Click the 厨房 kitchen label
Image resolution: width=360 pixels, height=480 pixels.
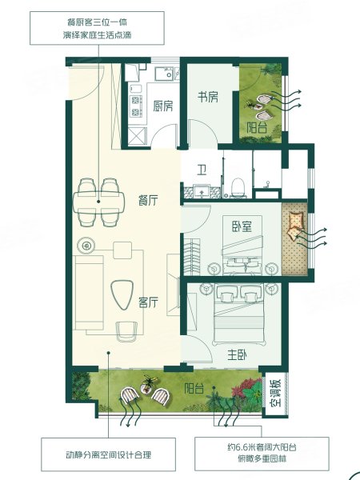pos(163,106)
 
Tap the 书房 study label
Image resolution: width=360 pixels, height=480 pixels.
pos(208,97)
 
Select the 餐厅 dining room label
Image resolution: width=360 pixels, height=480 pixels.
pos(148,200)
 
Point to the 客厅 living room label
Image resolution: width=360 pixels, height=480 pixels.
pos(148,302)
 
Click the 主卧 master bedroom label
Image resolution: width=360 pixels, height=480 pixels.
pos(238,354)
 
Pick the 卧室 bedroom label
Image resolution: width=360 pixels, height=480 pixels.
pos(242,226)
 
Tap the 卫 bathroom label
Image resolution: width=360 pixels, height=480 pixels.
pos(201,170)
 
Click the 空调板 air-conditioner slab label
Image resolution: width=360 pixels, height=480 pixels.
pos(275,393)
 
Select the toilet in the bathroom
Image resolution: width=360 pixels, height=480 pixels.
pos(238,188)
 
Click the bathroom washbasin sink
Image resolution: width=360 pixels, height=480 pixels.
pos(201,191)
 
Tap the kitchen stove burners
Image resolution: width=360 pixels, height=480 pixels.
pos(135,106)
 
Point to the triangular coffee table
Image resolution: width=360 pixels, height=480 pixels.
pos(122,294)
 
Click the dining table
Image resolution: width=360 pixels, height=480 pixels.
pos(98,202)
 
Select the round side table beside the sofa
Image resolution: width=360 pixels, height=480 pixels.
pos(86,246)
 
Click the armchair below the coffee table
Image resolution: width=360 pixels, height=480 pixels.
pos(126,331)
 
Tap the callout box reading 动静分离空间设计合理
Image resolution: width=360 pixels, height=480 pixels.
pos(108,454)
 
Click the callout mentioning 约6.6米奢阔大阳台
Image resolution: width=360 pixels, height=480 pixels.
pos(262,454)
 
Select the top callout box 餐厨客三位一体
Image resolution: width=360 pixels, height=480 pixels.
pos(97,28)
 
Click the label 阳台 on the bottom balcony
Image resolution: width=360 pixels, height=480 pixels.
pos(194,389)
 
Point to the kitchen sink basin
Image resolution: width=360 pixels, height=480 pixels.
pos(164,74)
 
